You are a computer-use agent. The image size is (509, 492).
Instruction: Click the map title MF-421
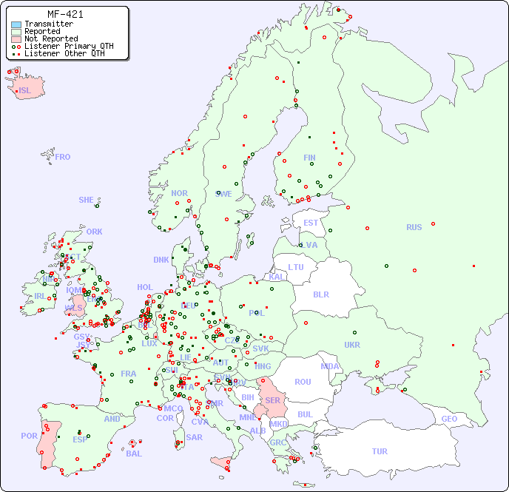click(65, 14)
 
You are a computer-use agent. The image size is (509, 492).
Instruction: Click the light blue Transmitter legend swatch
click(16, 24)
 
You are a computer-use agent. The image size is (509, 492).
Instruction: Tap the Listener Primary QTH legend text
click(69, 46)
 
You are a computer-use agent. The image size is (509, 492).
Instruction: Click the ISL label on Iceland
click(25, 91)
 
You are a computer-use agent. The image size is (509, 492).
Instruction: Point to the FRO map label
click(63, 157)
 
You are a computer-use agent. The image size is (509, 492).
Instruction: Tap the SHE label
click(87, 200)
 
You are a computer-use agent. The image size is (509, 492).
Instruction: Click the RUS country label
click(414, 227)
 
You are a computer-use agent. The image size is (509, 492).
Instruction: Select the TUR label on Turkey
click(380, 451)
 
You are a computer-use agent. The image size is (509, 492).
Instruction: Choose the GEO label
click(449, 419)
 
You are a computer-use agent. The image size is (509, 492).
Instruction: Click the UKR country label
click(352, 345)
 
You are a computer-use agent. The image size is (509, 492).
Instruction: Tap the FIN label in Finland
click(309, 158)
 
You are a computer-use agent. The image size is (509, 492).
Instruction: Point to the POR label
click(29, 436)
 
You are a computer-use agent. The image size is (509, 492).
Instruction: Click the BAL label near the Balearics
click(133, 454)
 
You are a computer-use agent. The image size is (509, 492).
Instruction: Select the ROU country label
click(303, 382)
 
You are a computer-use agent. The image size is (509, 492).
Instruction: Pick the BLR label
click(320, 294)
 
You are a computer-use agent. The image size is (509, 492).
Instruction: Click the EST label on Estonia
click(311, 223)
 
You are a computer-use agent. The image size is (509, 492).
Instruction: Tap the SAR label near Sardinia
click(195, 437)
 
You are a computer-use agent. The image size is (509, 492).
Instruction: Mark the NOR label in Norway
click(179, 193)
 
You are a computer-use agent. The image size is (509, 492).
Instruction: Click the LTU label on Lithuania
click(296, 267)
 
